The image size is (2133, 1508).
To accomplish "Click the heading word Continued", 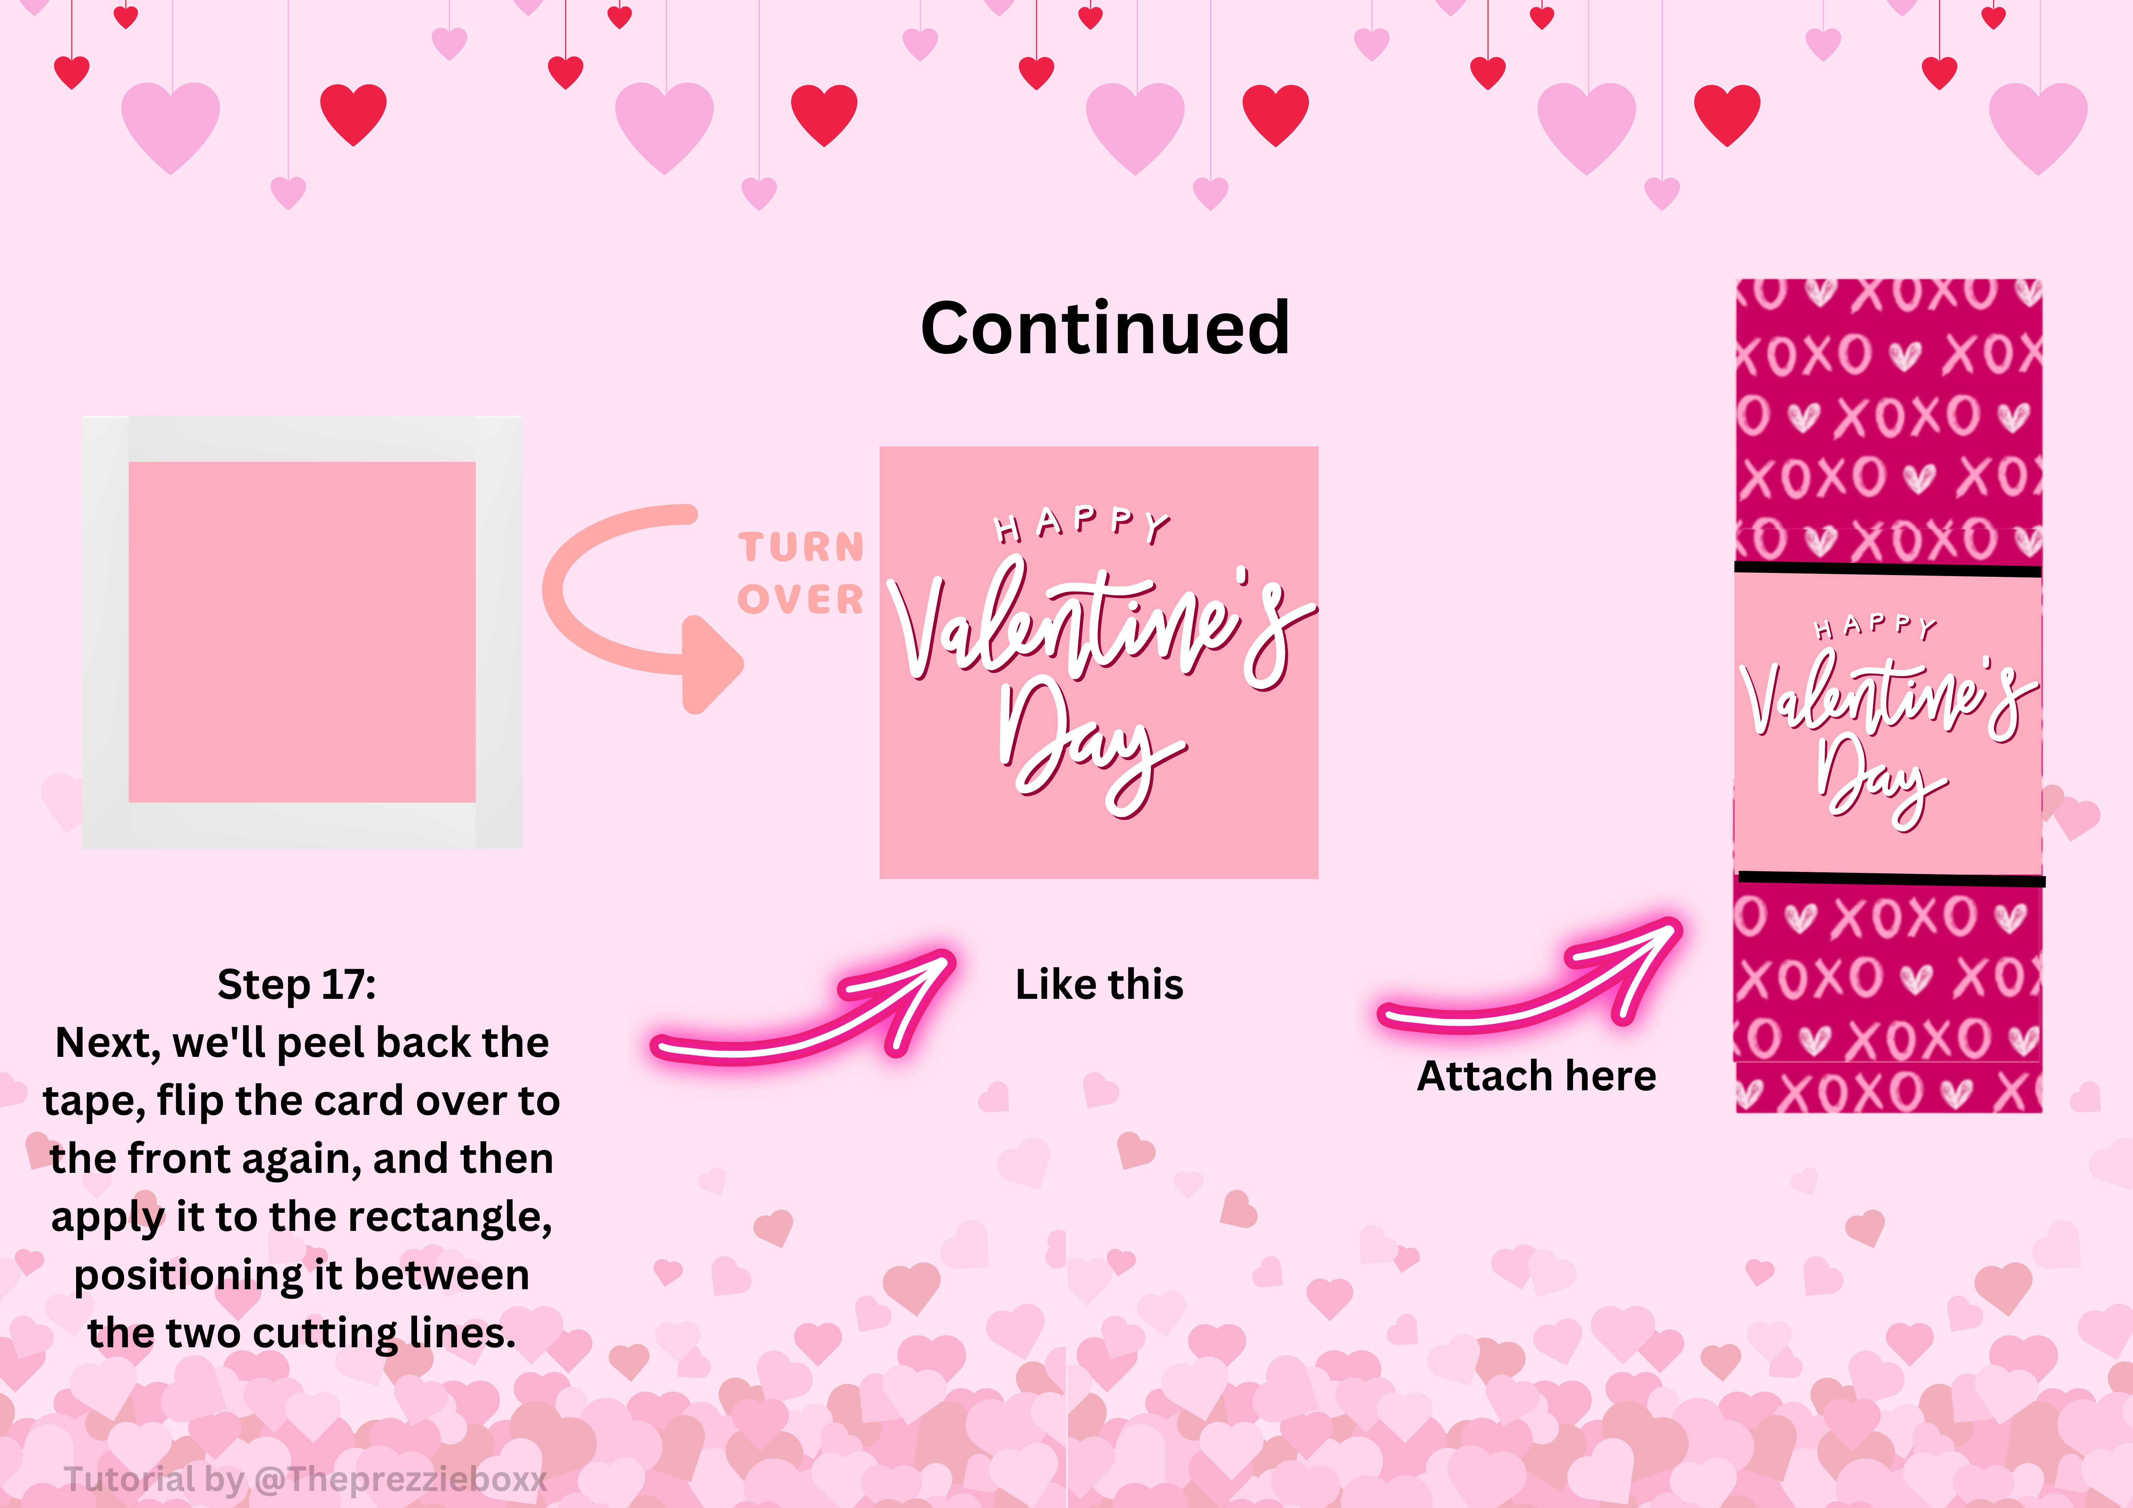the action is [1105, 328].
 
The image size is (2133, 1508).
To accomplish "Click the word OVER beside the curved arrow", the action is [801, 599].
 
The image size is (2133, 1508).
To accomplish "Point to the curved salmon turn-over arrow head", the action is [711, 664].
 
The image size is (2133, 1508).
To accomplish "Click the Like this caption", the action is [1099, 984].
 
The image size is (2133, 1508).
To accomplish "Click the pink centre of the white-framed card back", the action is [302, 632].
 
